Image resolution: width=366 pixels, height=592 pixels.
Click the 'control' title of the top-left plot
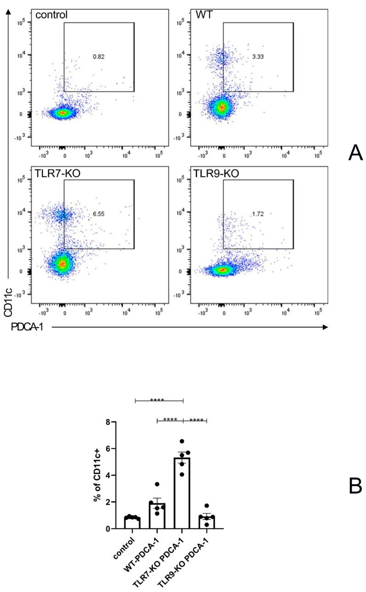[52, 15]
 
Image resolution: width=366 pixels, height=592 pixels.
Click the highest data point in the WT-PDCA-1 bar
[157, 484]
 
